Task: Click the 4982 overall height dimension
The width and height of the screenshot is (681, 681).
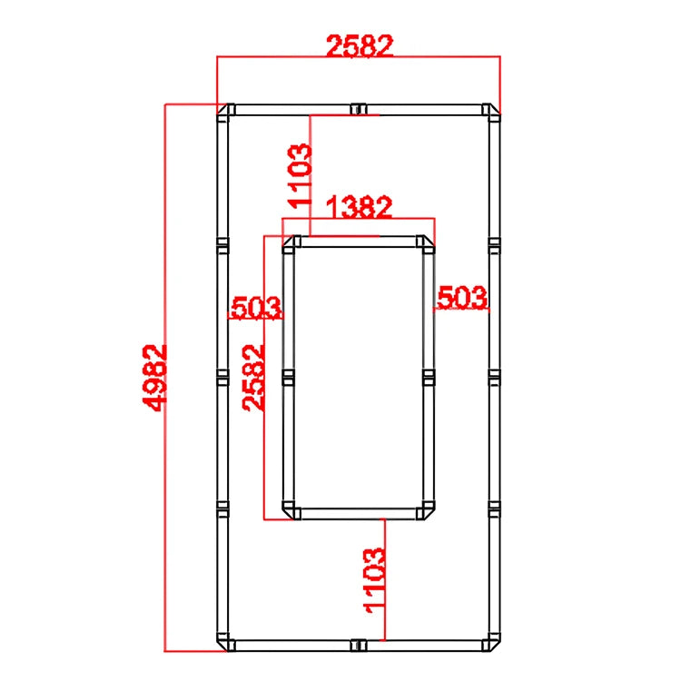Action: pyautogui.click(x=154, y=378)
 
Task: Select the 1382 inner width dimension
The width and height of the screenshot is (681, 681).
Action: pyautogui.click(x=360, y=207)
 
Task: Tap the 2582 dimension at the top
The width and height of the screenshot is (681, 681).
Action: pyautogui.click(x=360, y=45)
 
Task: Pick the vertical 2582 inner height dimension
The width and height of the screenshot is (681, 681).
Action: pyautogui.click(x=253, y=378)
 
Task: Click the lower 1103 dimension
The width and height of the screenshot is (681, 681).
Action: pyautogui.click(x=374, y=581)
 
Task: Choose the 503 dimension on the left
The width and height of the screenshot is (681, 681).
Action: pyautogui.click(x=256, y=307)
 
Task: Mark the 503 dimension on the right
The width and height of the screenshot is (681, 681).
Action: pyautogui.click(x=462, y=298)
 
